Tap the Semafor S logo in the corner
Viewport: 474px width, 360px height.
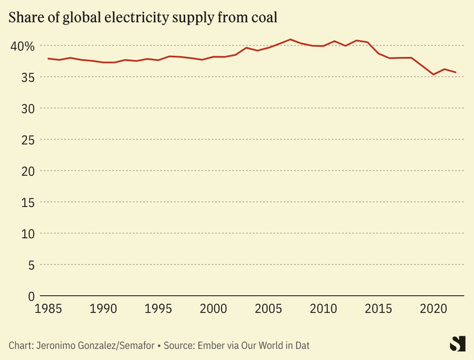click(457, 343)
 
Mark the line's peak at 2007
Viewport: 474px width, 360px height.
click(290, 40)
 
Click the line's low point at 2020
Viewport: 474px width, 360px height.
click(434, 74)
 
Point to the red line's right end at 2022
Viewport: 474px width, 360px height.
click(455, 72)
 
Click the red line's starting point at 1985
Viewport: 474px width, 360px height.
click(49, 58)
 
